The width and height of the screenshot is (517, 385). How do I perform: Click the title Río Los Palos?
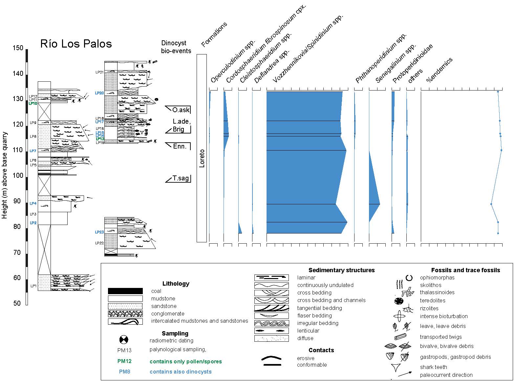(76, 44)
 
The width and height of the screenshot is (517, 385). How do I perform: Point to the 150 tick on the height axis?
(18, 48)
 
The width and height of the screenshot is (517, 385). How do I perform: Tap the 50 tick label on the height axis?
(17, 303)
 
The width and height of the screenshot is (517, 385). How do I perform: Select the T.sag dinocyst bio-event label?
(181, 178)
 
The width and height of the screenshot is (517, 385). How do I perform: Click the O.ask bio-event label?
(181, 110)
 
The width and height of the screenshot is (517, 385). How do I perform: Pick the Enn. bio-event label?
(180, 146)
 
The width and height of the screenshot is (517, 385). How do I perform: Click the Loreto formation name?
(202, 158)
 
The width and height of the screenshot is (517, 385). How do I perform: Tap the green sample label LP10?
(33, 104)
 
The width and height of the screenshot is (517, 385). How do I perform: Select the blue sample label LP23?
(99, 232)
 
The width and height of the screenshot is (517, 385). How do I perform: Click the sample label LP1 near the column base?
(33, 286)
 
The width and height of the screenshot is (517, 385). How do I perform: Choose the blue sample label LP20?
(99, 93)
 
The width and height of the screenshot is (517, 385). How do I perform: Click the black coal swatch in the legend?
(125, 291)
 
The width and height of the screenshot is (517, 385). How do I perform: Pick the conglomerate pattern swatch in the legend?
(125, 314)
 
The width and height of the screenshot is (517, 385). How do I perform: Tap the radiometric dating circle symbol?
(124, 340)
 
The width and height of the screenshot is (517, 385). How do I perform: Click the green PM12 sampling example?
(124, 361)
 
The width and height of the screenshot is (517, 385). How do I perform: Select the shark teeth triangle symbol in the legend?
(396, 368)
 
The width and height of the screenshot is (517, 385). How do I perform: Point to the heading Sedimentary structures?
(341, 270)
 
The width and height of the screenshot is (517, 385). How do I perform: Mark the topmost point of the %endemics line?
(498, 92)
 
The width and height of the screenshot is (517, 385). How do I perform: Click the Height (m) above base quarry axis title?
(5, 175)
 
